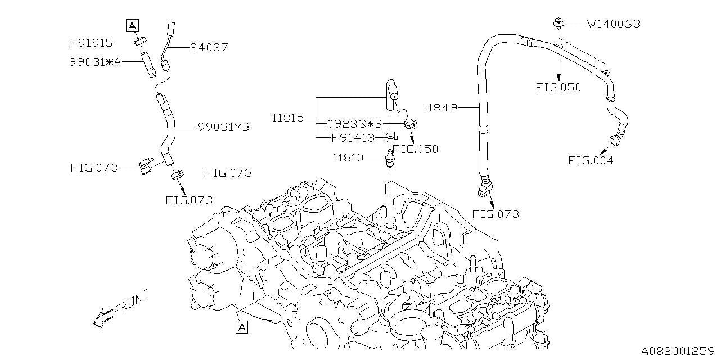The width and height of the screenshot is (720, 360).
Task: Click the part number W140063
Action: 613,24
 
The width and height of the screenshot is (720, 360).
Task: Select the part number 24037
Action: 209,48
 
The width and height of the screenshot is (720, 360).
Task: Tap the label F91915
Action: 91,43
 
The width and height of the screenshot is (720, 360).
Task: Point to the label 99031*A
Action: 96,62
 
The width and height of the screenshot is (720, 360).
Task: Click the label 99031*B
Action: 223,127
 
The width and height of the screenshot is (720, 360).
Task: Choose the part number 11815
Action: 288,118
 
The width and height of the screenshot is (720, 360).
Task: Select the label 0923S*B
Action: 355,123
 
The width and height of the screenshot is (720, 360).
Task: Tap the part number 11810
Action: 348,159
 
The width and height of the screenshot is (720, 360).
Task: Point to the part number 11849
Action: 440,107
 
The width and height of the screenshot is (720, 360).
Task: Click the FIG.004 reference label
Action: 590,160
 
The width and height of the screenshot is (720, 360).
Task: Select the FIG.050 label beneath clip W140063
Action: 559,88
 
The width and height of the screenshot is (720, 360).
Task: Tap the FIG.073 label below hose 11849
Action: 496,214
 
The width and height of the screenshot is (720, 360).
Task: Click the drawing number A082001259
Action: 678,350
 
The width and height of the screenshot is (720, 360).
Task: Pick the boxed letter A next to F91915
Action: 132,25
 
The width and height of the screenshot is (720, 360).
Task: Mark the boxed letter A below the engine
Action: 242,326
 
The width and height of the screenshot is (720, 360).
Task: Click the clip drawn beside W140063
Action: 558,24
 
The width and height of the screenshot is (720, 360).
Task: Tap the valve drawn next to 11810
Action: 389,159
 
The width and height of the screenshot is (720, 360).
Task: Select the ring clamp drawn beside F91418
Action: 390,137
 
